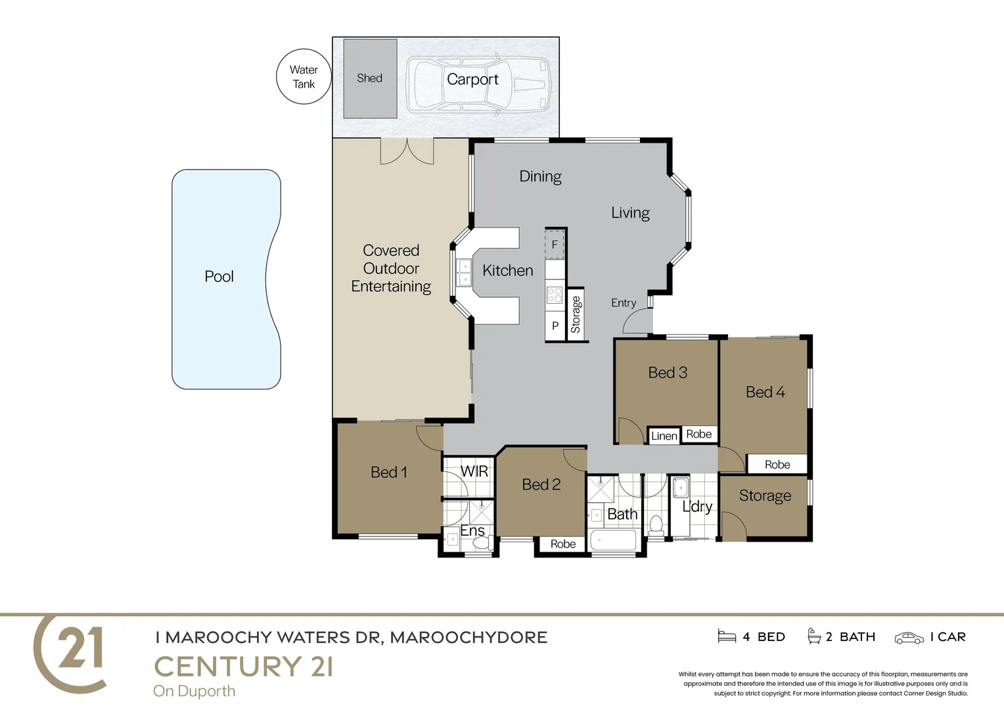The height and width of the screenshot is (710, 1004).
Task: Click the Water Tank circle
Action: point(303,77)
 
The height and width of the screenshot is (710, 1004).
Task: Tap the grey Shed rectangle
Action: point(370,78)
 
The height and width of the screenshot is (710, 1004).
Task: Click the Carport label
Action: point(472,80)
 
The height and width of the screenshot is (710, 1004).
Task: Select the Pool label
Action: point(219,277)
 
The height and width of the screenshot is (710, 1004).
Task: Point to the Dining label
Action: point(540,176)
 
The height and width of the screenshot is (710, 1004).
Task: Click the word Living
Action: point(630,213)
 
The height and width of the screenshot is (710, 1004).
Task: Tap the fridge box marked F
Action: point(555,245)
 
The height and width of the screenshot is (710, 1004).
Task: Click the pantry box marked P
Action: point(555,326)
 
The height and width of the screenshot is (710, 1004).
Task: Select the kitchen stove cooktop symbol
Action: point(555,295)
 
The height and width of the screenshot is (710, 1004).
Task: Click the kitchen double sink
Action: point(465,273)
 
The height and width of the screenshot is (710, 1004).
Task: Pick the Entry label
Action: point(624,303)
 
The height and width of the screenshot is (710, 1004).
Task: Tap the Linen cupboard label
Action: point(664,436)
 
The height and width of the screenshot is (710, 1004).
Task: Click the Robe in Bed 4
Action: point(777,465)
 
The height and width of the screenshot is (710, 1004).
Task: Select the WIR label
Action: point(474,471)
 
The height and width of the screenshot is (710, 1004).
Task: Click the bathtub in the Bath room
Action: point(613,541)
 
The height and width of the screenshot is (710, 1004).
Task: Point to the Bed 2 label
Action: point(541,485)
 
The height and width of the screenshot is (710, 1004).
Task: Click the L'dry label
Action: point(696,506)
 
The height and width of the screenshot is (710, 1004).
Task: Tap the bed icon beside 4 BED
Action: point(727,636)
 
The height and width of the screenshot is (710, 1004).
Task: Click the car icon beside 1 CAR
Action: point(909,638)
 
